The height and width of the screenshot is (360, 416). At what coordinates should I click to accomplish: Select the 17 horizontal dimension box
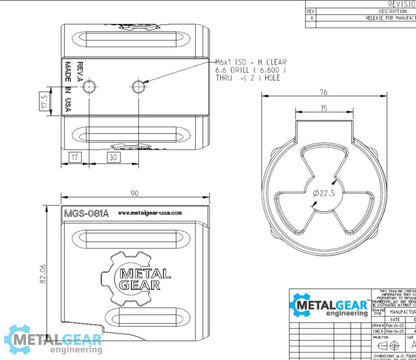pyautogui.click(x=76, y=156)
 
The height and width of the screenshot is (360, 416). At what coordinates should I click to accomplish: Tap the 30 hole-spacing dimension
pyautogui.click(x=113, y=156)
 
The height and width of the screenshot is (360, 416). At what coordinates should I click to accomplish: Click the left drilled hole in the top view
pyautogui.click(x=91, y=89)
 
